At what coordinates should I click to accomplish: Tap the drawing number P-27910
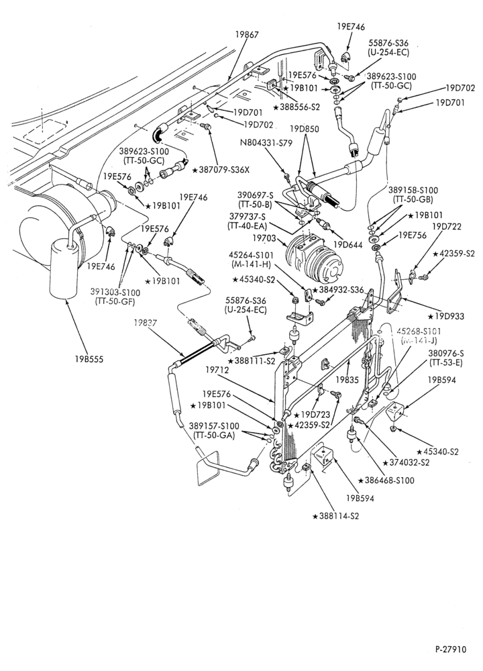pyautogui.click(x=451, y=649)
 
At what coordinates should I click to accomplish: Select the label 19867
pyautogui.click(x=247, y=34)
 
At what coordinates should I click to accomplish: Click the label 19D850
pyautogui.click(x=304, y=128)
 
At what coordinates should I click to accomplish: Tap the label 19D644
pyautogui.click(x=348, y=245)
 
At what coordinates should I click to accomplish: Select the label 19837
pyautogui.click(x=144, y=323)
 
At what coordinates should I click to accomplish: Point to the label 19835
pyautogui.click(x=347, y=379)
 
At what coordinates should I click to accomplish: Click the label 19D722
pyautogui.click(x=447, y=227)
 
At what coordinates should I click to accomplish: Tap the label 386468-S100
pyautogui.click(x=386, y=480)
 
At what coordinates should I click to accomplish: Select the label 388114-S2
pyautogui.click(x=336, y=515)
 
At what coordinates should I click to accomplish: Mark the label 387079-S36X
pyautogui.click(x=221, y=170)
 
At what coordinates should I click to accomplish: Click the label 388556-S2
pyautogui.click(x=297, y=107)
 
